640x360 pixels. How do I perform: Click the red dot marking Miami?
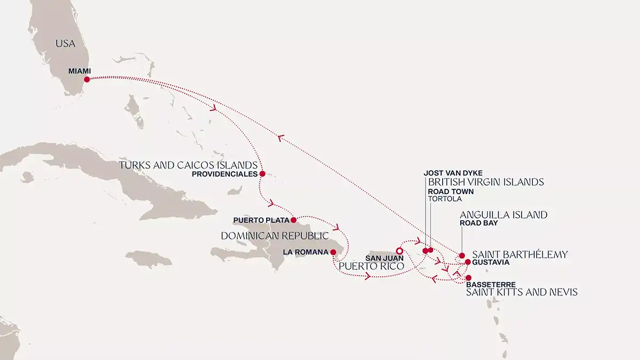click(87, 79)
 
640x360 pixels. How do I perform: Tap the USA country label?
click(66, 44)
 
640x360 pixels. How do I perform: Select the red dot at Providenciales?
click(262, 173)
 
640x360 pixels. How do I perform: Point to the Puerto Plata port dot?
click(293, 220)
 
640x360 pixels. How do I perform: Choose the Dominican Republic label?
click(275, 235)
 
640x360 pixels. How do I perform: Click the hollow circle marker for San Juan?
click(399, 250)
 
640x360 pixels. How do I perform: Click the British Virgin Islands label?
click(486, 182)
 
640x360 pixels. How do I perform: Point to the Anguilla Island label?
click(503, 215)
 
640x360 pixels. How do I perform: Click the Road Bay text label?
click(478, 223)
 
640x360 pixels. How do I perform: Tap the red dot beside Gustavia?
click(468, 262)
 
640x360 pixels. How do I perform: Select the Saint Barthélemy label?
click(519, 254)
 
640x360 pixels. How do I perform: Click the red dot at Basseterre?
click(468, 278)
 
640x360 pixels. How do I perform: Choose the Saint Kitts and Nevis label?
click(522, 292)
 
